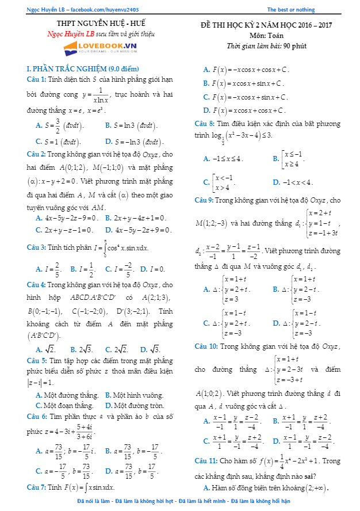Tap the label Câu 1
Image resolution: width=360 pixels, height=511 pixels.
(37, 79)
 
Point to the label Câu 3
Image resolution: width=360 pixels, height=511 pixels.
(37, 247)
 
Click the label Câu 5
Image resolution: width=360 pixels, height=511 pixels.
(37, 360)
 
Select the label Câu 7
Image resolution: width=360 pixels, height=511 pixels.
(37, 487)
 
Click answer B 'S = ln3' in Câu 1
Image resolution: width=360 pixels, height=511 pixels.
(132, 125)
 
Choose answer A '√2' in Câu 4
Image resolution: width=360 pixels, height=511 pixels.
(46, 349)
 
